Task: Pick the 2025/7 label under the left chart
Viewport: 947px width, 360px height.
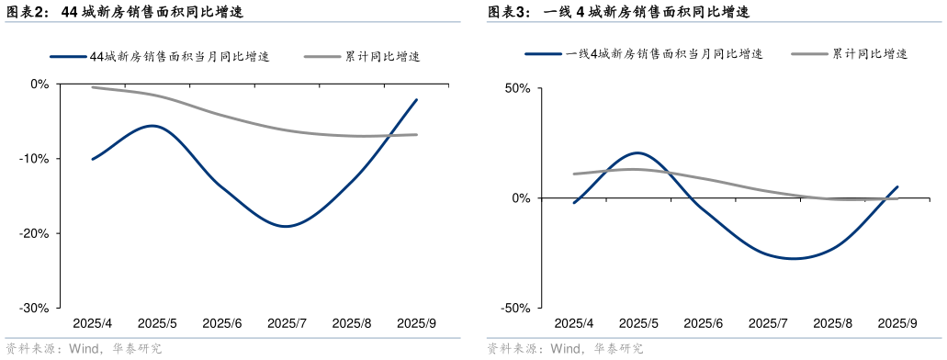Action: coord(287,323)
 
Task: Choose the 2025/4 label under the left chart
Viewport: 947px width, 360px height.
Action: coord(92,323)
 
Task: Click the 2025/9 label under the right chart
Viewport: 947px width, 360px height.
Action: coord(897,323)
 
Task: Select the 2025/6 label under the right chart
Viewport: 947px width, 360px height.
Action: coord(704,323)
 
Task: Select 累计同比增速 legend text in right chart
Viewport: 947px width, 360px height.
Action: coord(869,54)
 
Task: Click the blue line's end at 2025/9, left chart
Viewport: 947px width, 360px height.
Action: coord(416,99)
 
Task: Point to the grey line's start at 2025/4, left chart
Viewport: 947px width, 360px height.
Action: coord(93,87)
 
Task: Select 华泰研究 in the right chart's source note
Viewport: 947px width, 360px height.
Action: coord(617,348)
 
